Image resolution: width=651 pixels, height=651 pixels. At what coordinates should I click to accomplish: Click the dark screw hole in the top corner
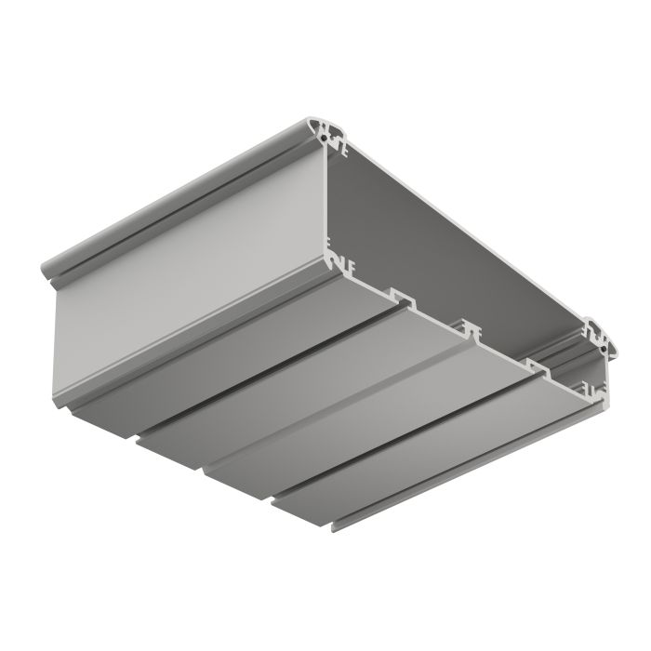coord(328,136)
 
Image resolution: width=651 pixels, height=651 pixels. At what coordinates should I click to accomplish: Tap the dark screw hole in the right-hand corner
coord(605,343)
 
